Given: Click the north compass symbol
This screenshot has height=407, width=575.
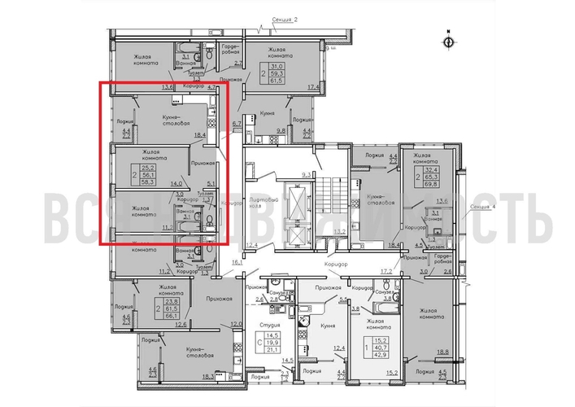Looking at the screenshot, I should [447, 40].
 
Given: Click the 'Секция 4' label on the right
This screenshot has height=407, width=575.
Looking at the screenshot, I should [484, 208].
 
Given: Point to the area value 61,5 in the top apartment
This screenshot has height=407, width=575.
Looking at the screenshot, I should [279, 81].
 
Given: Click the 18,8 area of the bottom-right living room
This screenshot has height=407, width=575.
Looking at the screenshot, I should [442, 352].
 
